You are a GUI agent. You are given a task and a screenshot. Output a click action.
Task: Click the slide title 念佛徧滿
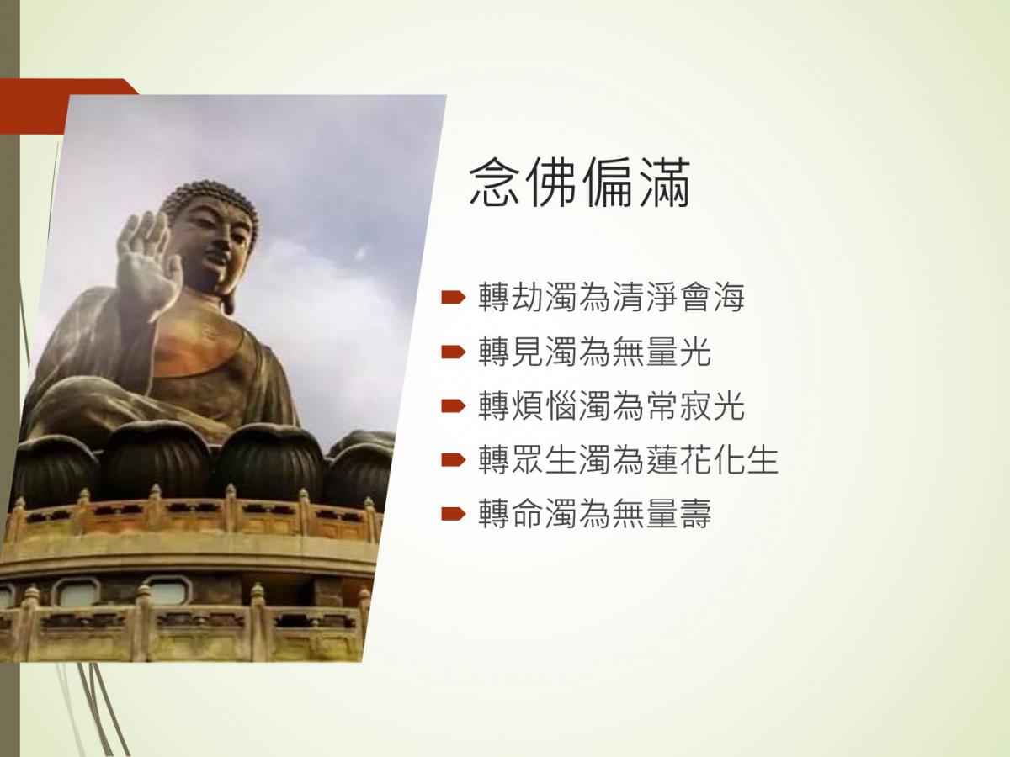(x=580, y=183)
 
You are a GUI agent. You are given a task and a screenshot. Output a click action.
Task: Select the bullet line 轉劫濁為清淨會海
(x=611, y=298)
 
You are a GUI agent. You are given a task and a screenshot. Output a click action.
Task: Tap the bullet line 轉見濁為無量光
(x=594, y=352)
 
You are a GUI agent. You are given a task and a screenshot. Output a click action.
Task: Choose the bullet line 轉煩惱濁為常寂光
(x=611, y=405)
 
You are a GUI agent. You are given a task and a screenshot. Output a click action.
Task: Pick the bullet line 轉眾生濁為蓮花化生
(x=628, y=459)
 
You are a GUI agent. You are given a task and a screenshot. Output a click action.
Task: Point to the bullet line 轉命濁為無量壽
(x=594, y=513)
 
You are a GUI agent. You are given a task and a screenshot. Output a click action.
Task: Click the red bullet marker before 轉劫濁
(x=453, y=298)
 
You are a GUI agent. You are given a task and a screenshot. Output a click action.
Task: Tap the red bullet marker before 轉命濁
(x=453, y=513)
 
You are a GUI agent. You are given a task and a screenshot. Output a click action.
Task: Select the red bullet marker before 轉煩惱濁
(x=453, y=406)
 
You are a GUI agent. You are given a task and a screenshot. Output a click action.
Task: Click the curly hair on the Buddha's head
(x=210, y=198)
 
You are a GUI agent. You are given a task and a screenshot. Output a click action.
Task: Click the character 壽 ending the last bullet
(x=695, y=513)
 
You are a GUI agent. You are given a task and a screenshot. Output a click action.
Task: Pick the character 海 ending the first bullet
(x=729, y=298)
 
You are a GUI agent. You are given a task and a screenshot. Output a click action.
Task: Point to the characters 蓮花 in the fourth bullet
(x=678, y=459)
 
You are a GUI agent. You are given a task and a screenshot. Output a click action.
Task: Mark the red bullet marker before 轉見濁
(x=453, y=352)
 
